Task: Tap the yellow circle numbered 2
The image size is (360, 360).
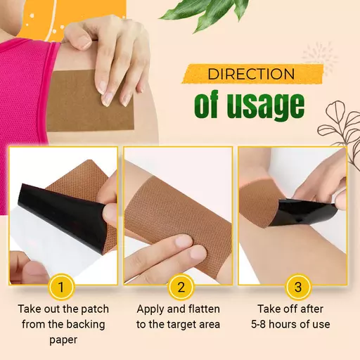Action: coord(180,287)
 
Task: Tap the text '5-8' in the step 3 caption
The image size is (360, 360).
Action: coord(262,324)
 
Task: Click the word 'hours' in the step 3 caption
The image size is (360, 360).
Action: coord(293,324)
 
